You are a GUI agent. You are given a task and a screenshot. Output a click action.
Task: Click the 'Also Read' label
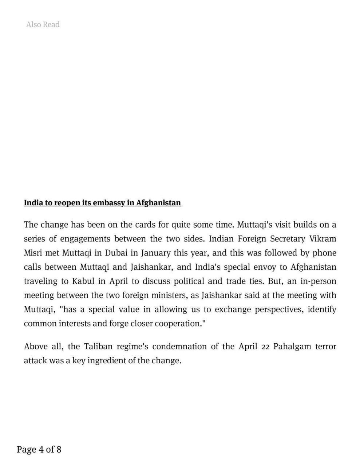coord(43,24)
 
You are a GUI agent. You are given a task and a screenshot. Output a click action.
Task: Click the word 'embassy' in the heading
coord(109,203)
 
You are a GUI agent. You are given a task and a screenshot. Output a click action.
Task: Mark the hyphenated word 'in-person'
coord(318,281)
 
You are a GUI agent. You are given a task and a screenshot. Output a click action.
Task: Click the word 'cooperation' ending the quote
coord(178,324)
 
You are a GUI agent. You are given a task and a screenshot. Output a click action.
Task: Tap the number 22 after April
coord(265,347)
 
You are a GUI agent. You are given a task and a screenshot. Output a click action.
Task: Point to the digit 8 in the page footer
coord(59,450)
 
